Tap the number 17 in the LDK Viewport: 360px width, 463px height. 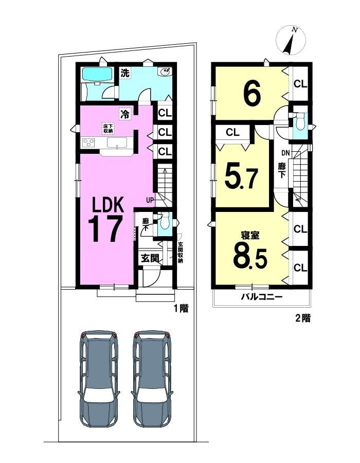coord(105,228)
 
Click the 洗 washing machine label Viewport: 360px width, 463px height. coord(125,73)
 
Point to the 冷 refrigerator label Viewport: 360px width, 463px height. coord(125,114)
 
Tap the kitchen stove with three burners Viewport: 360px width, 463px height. coord(88,143)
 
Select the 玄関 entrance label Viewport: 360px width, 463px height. coord(150,259)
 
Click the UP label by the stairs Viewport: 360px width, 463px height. coord(150,200)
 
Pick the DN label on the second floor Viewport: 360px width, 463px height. coord(285,153)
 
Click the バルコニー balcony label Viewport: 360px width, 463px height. coord(262,297)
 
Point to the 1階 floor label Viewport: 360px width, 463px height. coord(181,309)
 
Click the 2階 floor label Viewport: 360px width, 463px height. coord(303,318)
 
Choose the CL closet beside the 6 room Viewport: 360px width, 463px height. coord(300,84)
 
